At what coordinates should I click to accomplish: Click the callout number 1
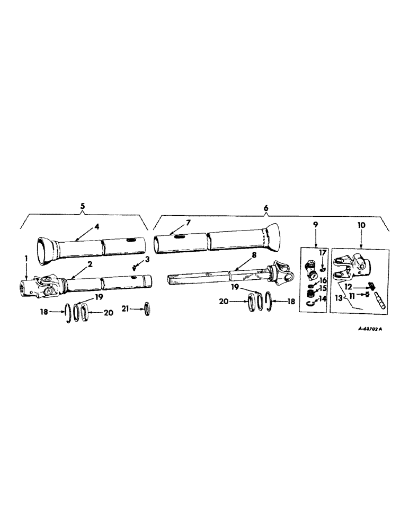(x=26, y=258)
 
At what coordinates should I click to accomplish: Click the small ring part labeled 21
(x=147, y=308)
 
